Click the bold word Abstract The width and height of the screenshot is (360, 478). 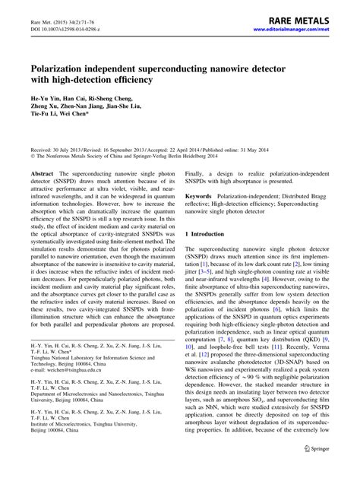(x=42, y=173)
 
